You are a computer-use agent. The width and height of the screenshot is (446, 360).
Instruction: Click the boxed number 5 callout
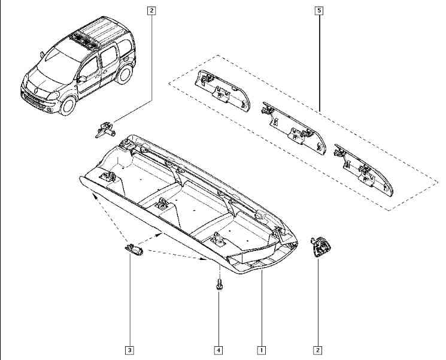click(x=319, y=11)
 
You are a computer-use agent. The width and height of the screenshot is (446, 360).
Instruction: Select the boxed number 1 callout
click(x=261, y=350)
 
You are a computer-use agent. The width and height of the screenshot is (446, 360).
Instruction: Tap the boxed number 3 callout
click(x=129, y=350)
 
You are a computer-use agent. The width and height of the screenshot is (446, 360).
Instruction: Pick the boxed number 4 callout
click(x=218, y=350)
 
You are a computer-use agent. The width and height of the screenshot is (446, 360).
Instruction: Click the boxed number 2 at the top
click(x=151, y=11)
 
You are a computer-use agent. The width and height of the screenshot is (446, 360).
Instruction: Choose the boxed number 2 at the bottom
click(x=317, y=350)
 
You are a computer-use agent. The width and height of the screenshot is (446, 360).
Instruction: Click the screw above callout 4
click(x=219, y=284)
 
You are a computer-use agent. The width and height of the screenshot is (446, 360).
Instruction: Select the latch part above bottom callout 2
click(x=320, y=247)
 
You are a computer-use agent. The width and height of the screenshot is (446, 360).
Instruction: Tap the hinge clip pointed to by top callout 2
click(x=105, y=130)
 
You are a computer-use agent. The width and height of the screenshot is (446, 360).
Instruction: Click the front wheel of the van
click(x=68, y=105)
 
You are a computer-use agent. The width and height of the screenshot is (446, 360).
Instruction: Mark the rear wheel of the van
click(x=125, y=74)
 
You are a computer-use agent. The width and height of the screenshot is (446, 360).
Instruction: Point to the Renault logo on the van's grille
click(x=37, y=91)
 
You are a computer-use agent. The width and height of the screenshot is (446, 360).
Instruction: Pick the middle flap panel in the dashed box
click(x=293, y=128)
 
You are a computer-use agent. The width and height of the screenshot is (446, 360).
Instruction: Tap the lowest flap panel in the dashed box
click(x=364, y=170)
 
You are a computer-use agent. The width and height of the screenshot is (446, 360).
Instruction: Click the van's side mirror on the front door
click(x=82, y=78)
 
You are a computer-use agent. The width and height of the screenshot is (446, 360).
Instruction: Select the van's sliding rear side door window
click(x=110, y=56)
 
